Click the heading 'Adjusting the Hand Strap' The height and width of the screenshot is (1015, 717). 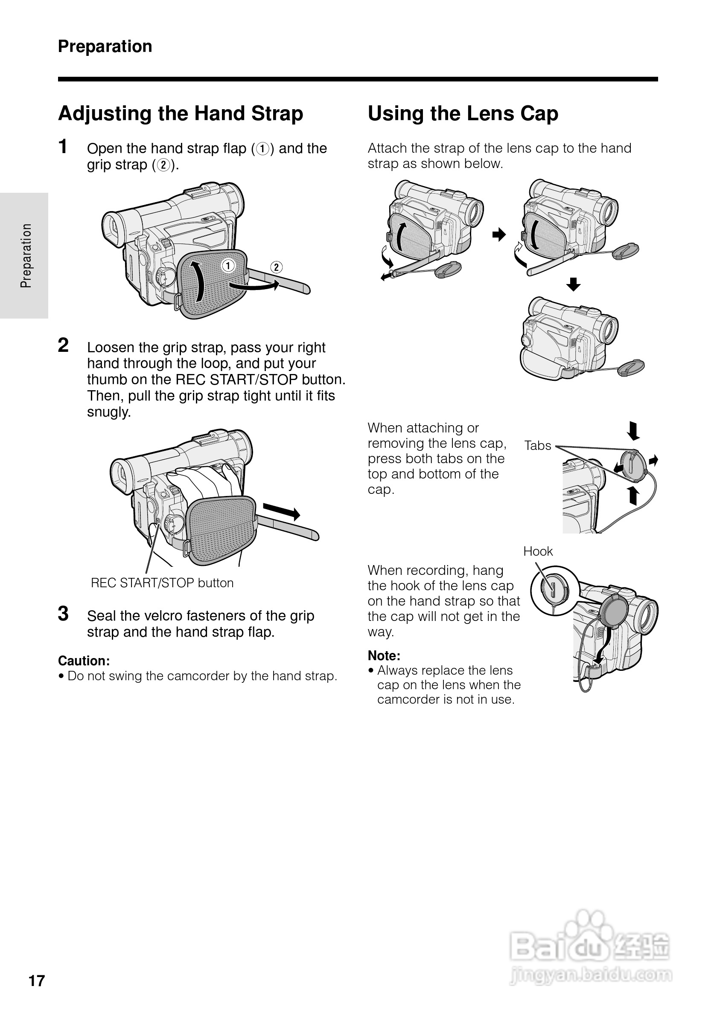click(181, 113)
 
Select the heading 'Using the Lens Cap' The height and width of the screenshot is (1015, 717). click(463, 113)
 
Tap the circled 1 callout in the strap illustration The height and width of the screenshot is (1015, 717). click(228, 266)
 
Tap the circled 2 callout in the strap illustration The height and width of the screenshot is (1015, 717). click(276, 267)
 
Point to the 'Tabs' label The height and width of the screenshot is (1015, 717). click(537, 446)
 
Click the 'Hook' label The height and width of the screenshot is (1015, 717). click(538, 551)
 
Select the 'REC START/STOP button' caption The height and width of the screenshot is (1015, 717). click(162, 583)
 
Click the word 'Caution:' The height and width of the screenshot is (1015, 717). click(84, 661)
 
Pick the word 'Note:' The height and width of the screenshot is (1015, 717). click(384, 655)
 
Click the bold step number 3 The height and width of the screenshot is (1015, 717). click(63, 614)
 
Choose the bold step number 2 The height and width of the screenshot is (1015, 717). click(63, 345)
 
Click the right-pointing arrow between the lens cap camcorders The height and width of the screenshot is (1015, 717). click(498, 234)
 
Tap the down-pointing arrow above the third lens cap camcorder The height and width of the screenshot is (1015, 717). click(573, 284)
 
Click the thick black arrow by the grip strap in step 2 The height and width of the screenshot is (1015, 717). click(282, 512)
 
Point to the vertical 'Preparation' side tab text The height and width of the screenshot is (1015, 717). click(26, 255)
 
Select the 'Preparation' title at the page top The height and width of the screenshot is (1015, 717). click(105, 46)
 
